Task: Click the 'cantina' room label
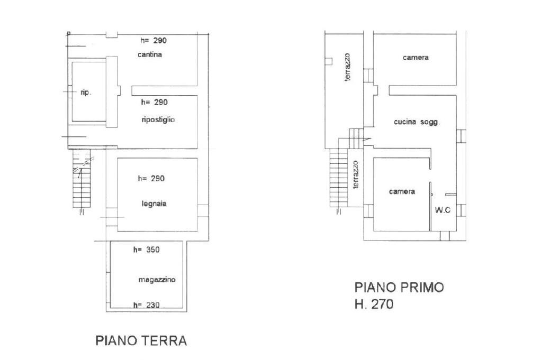click(149, 54)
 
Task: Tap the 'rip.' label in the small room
click(86, 92)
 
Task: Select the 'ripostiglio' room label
click(158, 119)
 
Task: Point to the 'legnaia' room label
click(154, 204)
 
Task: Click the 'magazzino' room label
click(157, 280)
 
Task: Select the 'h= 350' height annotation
click(146, 250)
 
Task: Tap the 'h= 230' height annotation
click(146, 304)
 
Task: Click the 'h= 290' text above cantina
click(153, 40)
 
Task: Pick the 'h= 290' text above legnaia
click(151, 178)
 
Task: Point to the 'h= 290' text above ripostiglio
click(154, 102)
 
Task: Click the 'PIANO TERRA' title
click(141, 340)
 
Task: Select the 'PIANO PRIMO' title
click(399, 287)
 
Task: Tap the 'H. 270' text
click(374, 304)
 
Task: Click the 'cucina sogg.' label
click(417, 122)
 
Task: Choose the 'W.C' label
click(442, 210)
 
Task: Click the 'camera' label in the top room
click(415, 58)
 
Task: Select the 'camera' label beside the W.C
click(402, 191)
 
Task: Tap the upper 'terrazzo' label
click(348, 67)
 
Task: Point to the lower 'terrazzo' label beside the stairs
click(356, 174)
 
